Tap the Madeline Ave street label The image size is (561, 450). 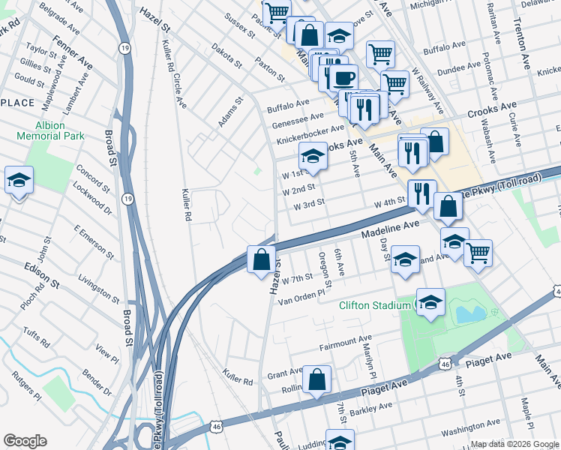coord(390,229)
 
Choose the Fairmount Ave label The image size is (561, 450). coord(346,343)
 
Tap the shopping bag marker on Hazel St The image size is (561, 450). coord(261,260)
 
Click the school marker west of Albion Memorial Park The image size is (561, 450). coord(19,181)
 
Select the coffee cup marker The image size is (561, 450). coord(344,78)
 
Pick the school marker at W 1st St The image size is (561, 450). coord(313,156)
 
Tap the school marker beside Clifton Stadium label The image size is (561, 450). coord(430,302)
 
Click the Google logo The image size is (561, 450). coord(25,441)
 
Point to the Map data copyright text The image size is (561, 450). coord(514,444)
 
